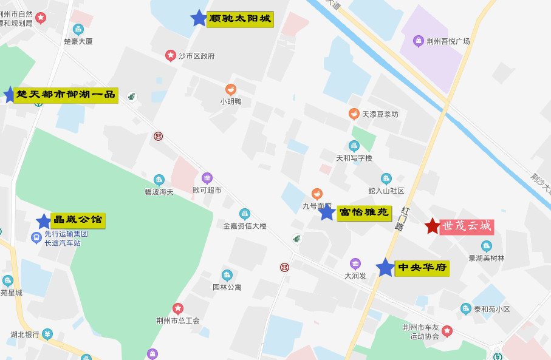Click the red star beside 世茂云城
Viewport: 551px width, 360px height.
tap(432, 226)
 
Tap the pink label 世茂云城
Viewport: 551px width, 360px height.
tap(467, 226)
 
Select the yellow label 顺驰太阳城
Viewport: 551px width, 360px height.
tap(240, 19)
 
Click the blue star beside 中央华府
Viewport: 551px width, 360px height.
tap(385, 268)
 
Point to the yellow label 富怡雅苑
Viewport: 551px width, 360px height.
tap(364, 213)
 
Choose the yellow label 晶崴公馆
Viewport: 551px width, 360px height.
tap(79, 220)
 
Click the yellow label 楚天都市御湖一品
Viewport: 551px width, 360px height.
tap(66, 95)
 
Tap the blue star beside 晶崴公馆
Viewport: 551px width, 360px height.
tap(44, 222)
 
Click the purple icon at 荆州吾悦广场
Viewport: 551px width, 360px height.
tap(418, 41)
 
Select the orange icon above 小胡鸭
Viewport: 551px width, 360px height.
tap(231, 90)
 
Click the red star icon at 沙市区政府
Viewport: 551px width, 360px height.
tap(171, 55)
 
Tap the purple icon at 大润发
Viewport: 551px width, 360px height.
tap(355, 263)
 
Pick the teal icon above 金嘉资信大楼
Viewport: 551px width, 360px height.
tap(244, 214)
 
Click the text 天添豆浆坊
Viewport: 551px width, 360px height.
tap(380, 114)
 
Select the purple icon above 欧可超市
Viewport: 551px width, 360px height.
tap(207, 178)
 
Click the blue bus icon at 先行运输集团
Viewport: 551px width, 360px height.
tap(36, 237)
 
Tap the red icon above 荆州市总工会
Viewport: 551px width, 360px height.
tap(177, 308)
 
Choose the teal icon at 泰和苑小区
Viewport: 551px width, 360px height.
tap(466, 308)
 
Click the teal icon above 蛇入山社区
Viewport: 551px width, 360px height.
tap(386, 178)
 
